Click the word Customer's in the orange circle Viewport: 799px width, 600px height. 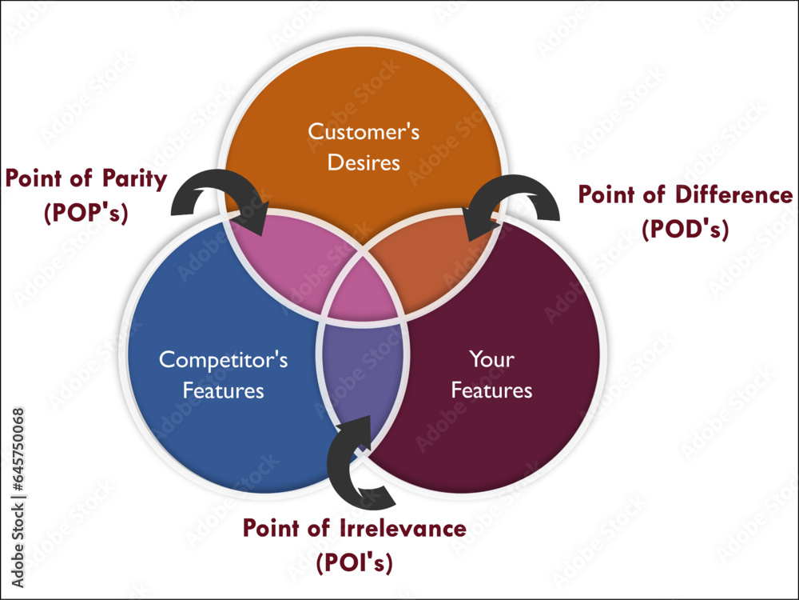(364, 131)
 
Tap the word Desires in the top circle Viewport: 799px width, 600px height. (364, 163)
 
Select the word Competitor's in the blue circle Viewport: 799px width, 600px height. (223, 359)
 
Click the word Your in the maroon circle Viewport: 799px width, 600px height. (491, 359)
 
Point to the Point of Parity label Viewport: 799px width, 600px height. (86, 178)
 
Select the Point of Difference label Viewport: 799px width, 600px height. (686, 195)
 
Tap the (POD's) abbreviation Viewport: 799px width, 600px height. (686, 230)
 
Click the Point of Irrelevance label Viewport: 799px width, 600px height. (354, 528)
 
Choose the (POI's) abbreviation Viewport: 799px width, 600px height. (354, 562)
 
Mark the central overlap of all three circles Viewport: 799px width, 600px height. (364, 292)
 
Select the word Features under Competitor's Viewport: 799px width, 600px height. (223, 391)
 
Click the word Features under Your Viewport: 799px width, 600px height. (491, 390)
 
